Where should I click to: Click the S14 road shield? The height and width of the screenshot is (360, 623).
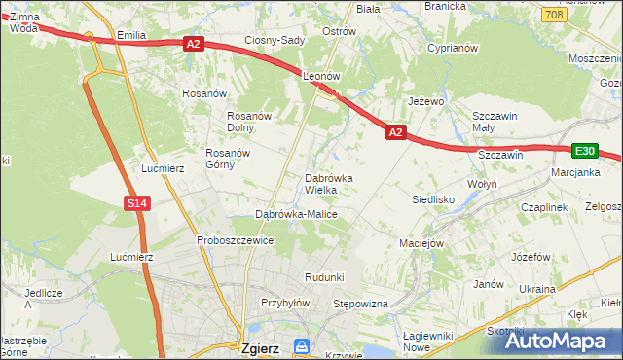(136, 202)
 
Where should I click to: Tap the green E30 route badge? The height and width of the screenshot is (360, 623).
(584, 151)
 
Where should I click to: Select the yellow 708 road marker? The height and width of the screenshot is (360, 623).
(554, 15)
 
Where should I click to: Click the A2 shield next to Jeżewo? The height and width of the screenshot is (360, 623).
(394, 131)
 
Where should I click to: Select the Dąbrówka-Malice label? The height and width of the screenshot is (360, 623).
(296, 214)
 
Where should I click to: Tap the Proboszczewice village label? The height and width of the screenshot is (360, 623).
(234, 240)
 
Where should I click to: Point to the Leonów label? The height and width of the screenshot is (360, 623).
(320, 75)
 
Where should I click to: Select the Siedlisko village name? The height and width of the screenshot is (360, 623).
(434, 198)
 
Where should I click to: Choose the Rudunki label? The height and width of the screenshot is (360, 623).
(324, 277)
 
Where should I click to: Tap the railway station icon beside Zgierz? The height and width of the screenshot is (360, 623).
(302, 346)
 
